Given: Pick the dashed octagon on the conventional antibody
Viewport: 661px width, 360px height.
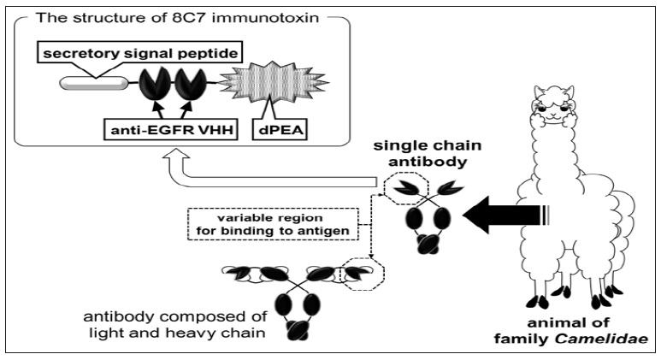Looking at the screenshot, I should click(366, 274).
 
